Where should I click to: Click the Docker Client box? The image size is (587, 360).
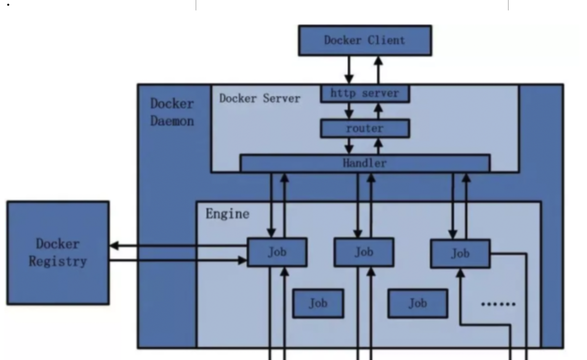click(365, 41)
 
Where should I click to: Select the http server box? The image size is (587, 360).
click(365, 94)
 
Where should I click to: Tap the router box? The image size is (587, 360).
click(365, 128)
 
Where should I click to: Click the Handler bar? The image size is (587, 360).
click(365, 163)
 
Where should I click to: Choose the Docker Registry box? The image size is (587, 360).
click(58, 253)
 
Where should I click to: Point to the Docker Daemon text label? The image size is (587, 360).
click(172, 112)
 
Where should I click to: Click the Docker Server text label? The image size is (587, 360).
click(259, 99)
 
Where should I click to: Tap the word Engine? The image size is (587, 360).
click(227, 214)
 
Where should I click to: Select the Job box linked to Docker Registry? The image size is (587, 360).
click(277, 252)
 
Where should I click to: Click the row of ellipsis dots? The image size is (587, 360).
click(498, 304)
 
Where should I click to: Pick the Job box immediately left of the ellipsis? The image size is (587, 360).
click(418, 303)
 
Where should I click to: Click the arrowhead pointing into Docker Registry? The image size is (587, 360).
click(114, 246)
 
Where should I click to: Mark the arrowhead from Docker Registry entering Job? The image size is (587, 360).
click(243, 260)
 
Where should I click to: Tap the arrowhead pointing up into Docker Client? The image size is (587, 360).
click(378, 61)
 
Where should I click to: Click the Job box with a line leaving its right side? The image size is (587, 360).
click(460, 254)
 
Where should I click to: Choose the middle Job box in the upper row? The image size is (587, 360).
click(364, 252)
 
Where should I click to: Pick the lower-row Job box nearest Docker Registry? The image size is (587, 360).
click(318, 303)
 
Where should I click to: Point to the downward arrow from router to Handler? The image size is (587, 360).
click(349, 146)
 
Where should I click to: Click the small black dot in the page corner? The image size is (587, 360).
click(8, 5)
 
